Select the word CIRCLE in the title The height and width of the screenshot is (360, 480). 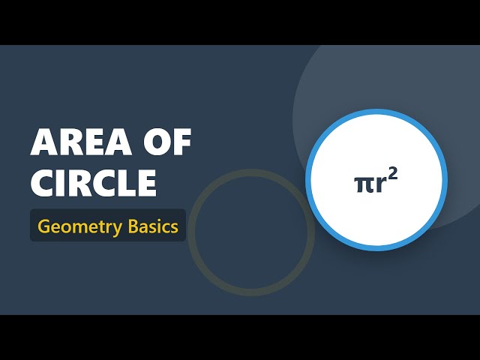[x=94, y=182]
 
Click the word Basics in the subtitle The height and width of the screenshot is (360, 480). [x=153, y=226]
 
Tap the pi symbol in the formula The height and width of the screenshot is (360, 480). [x=363, y=184]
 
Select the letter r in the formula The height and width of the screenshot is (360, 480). [x=380, y=184]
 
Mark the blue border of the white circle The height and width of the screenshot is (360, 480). [x=376, y=113]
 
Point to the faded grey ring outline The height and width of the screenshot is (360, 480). [x=250, y=170]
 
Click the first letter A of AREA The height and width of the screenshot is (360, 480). [x=44, y=142]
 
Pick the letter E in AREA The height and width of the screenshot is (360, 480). [x=94, y=142]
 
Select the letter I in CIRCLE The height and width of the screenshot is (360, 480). [x=64, y=182]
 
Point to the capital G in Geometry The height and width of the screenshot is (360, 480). [x=43, y=226]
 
